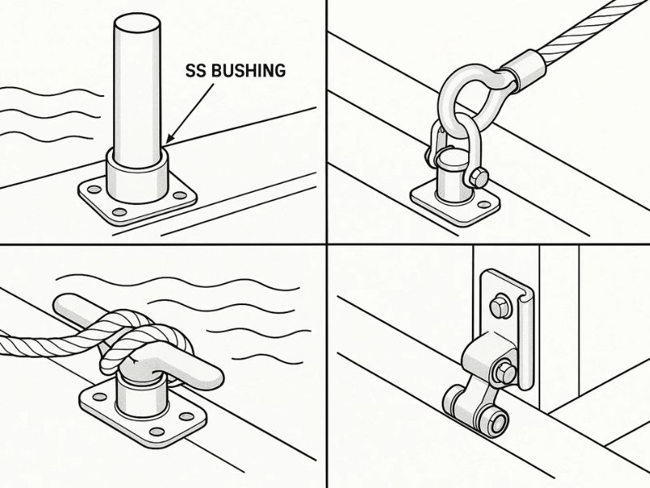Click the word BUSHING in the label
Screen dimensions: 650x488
click(x=249, y=71)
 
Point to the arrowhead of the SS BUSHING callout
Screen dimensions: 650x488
click(x=170, y=140)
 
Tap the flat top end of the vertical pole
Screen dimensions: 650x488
click(x=136, y=24)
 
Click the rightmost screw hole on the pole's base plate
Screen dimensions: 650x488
click(x=180, y=195)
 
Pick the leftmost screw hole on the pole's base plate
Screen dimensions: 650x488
click(x=94, y=190)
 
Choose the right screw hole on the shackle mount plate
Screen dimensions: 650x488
click(x=483, y=205)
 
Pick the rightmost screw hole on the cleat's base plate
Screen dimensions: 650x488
click(x=187, y=416)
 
